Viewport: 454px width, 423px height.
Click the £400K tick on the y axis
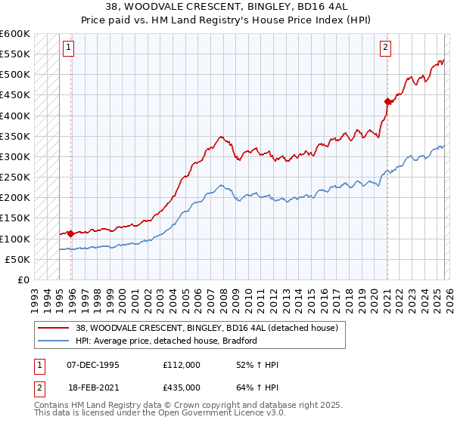(x=15, y=116)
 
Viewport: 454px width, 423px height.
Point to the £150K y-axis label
(x=15, y=218)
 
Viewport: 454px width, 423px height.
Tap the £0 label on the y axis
(x=23, y=280)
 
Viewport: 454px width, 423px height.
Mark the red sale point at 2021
(x=387, y=101)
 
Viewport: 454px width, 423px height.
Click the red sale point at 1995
(x=70, y=233)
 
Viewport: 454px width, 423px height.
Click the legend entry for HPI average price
(x=166, y=341)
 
